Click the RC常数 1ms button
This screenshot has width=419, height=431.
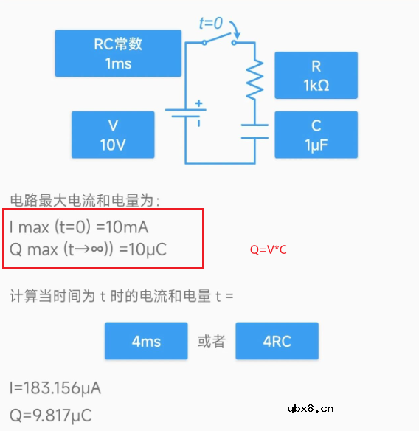tap(118, 53)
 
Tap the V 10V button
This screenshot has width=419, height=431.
tap(113, 134)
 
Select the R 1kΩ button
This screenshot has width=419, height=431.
tap(316, 75)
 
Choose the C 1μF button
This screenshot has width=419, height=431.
tap(316, 134)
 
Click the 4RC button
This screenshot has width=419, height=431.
tap(277, 341)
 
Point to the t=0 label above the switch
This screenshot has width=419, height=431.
tap(211, 24)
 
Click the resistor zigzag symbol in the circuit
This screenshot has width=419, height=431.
tap(254, 80)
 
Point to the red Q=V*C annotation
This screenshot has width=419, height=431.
tap(268, 250)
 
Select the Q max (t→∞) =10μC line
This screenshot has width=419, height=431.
tap(88, 249)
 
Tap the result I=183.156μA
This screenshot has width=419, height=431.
tap(55, 387)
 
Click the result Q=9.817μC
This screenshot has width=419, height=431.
tap(51, 415)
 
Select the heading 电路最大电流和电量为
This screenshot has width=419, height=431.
tap(85, 200)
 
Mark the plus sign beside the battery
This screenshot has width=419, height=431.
tap(198, 104)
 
